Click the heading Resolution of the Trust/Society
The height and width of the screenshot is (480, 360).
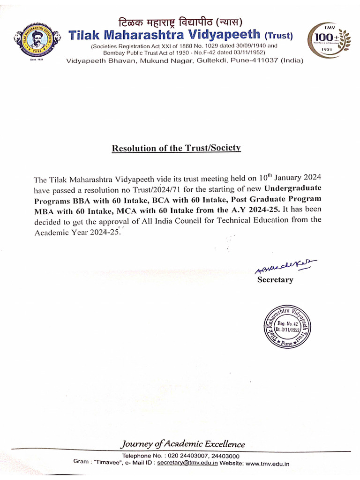(x=176, y=148)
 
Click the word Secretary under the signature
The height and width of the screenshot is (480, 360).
(x=275, y=280)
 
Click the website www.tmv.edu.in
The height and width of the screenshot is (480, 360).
(x=268, y=463)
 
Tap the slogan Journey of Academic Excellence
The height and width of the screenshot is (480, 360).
(x=183, y=444)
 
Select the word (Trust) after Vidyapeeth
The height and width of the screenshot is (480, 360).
(x=279, y=36)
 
